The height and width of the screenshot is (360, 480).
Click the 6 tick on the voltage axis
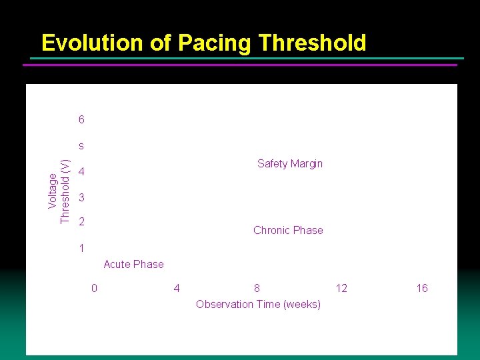coord(81,120)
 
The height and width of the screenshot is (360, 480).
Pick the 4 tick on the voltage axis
coord(81,173)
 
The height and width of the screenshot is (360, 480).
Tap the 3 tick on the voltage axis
coord(81,198)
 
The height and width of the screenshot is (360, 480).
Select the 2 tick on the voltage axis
coord(81,221)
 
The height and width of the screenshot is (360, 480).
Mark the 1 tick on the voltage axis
coord(81,249)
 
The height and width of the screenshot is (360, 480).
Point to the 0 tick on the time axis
coord(94,288)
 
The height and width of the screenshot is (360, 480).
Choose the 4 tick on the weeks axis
coord(176,288)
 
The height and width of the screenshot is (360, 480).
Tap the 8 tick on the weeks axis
coord(257,288)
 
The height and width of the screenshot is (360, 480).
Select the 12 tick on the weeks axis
coord(341,288)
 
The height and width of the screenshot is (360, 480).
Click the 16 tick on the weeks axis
coord(422,288)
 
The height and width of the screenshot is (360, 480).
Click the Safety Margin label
coord(290,164)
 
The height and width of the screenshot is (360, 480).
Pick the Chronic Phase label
coord(288,231)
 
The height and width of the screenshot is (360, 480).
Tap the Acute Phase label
coord(133,265)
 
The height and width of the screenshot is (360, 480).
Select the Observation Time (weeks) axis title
coord(258,305)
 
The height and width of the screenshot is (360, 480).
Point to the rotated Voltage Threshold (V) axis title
coord(59,191)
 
